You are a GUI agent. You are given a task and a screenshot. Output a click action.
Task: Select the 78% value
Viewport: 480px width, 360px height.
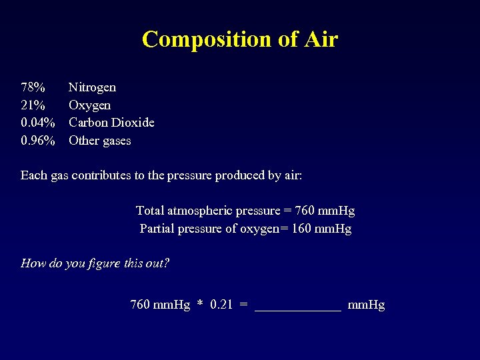click(x=33, y=87)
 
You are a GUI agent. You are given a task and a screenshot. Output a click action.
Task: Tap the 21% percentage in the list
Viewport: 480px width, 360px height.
click(x=33, y=105)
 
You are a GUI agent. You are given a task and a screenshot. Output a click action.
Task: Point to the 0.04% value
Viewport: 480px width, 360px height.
click(x=38, y=123)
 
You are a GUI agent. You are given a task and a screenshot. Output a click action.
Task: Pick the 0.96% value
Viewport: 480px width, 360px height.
click(x=38, y=141)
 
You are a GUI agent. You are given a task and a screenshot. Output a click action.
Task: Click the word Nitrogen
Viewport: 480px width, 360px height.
click(x=92, y=87)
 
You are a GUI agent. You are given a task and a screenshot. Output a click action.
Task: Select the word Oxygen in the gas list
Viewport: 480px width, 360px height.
click(x=90, y=105)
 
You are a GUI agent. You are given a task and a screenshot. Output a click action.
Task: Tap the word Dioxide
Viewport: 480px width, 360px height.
click(x=133, y=123)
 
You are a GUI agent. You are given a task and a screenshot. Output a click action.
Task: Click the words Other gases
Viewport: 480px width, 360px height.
click(x=100, y=141)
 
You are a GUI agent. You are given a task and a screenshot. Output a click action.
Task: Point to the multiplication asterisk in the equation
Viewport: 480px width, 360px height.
click(x=199, y=305)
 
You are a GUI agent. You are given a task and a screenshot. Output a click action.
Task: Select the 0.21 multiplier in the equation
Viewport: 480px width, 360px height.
click(x=221, y=305)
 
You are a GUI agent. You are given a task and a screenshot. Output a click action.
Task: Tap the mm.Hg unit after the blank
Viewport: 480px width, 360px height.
click(x=367, y=305)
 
